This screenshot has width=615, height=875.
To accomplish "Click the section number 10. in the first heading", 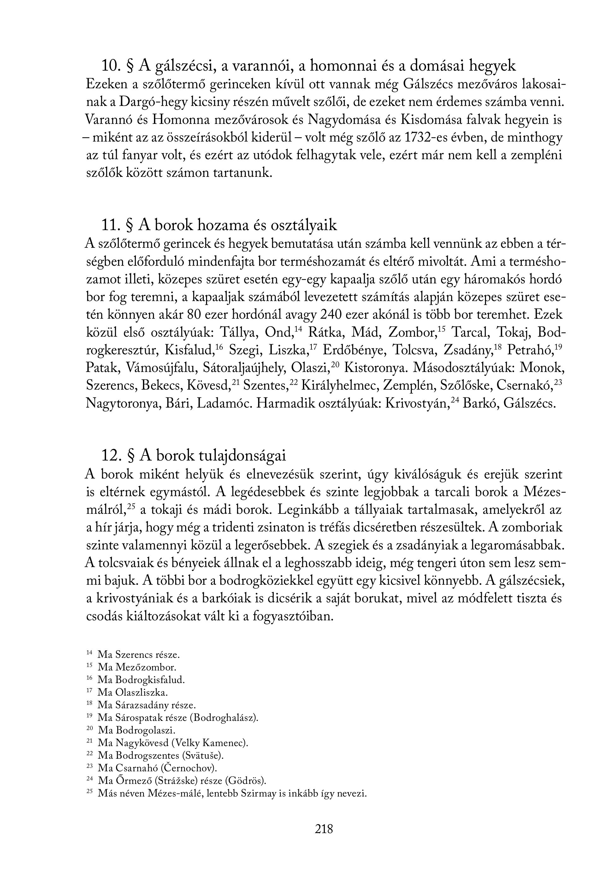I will coord(111,66).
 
